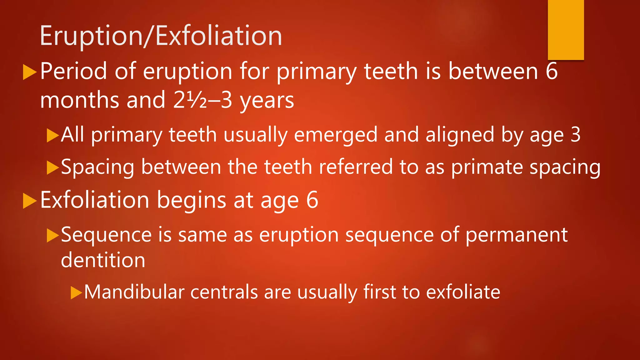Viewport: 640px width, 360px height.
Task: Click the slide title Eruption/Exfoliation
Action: tap(161, 36)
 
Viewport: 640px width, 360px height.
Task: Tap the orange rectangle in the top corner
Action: tap(566, 30)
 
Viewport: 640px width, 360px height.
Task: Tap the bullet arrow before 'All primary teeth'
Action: tap(52, 135)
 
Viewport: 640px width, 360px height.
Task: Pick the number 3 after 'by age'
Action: tap(575, 135)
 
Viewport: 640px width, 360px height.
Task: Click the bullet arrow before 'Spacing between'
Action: tap(52, 167)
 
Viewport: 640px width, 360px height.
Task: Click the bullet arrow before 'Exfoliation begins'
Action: tap(30, 201)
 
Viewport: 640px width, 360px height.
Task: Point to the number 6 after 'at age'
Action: tap(312, 200)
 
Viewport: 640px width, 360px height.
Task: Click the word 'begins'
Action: tap(191, 201)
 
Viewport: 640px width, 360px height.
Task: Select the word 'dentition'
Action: tap(103, 260)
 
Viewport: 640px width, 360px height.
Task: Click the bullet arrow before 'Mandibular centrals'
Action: tap(76, 293)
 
